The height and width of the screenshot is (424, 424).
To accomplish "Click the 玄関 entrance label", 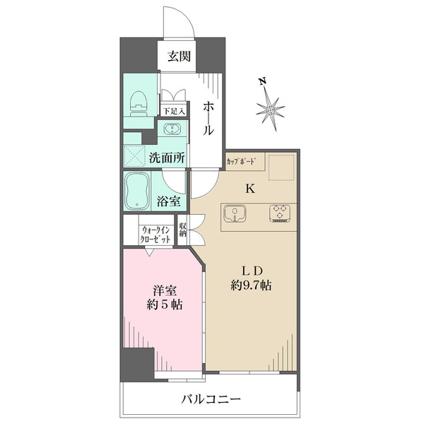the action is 179,57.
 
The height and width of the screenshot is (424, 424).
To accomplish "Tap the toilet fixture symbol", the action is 139,104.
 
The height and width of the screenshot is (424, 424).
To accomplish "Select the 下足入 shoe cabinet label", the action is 174,111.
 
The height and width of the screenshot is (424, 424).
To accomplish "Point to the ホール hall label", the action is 208,119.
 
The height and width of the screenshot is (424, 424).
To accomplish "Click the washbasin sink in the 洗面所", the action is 172,129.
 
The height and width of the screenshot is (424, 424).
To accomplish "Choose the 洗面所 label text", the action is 167,158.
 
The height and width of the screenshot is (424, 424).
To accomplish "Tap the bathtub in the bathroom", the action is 137,192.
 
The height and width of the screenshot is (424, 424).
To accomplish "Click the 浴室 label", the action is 169,201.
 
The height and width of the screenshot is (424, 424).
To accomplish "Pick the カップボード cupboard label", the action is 241,162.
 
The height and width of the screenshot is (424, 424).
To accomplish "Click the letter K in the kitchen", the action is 250,189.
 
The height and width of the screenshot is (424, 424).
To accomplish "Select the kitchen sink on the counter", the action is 235,213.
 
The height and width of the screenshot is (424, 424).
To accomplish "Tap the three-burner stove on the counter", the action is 280,213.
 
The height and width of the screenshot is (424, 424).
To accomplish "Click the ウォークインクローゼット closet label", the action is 156,235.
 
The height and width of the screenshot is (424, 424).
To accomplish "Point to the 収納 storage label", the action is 183,230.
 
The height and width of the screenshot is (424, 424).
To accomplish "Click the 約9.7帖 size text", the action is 251,285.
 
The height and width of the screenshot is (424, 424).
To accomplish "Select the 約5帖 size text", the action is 165,305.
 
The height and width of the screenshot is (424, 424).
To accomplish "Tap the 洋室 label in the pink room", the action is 165,290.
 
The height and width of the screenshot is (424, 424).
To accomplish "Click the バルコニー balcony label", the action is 211,399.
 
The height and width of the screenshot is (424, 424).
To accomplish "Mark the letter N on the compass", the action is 262,81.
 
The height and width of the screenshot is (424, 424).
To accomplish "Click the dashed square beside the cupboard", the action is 281,167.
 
